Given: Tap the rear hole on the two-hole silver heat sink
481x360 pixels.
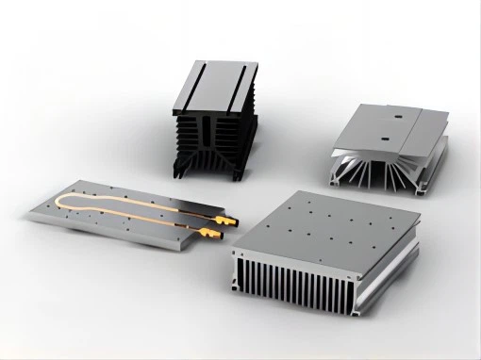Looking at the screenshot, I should (398, 118).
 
